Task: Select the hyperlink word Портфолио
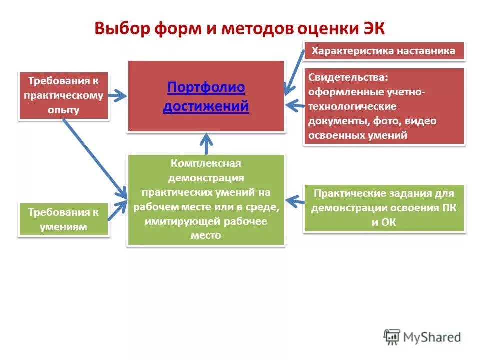pos(206,88)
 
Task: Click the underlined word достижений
pos(206,106)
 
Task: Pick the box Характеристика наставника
pos(384,51)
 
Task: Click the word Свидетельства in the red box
pos(347,77)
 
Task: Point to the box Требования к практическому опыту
pos(63,95)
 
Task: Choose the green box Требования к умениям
pos(63,219)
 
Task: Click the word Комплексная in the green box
pos(206,164)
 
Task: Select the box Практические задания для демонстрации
pos(384,208)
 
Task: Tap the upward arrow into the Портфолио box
pos(207,143)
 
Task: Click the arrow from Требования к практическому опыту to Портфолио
pos(118,95)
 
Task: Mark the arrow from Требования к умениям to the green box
pos(118,210)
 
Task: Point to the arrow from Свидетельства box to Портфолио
pos(295,105)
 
